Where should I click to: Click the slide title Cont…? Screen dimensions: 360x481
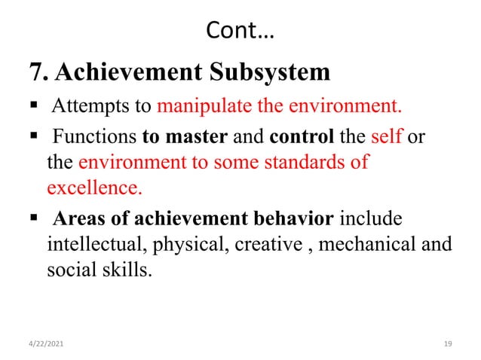click(x=240, y=32)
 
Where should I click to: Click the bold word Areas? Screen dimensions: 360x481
click(x=74, y=219)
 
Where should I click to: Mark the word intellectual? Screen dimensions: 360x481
click(x=88, y=244)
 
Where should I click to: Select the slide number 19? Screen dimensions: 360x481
click(x=448, y=343)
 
